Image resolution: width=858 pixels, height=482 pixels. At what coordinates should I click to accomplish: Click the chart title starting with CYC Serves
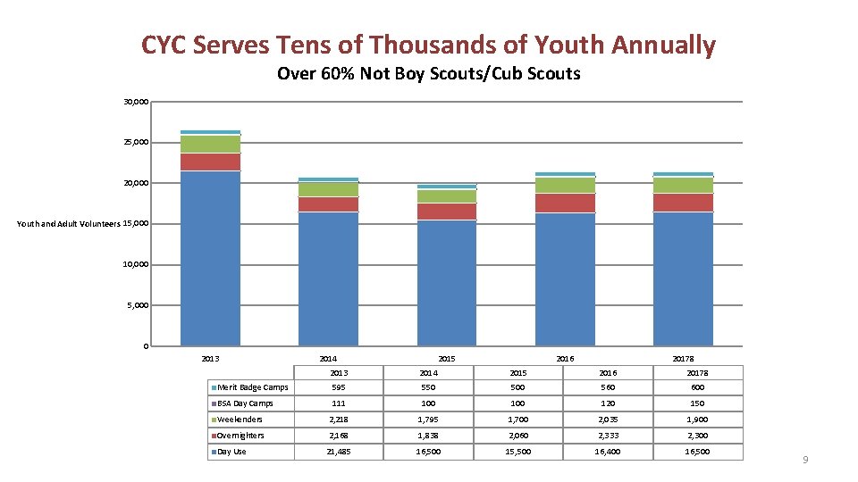pyautogui.click(x=428, y=45)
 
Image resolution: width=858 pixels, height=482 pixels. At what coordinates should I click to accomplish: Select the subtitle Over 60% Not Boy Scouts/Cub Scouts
pyautogui.click(x=428, y=74)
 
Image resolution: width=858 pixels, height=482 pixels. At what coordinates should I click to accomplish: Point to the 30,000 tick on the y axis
pyautogui.click(x=136, y=102)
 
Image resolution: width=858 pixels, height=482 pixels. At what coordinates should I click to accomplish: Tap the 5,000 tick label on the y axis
pyautogui.click(x=138, y=305)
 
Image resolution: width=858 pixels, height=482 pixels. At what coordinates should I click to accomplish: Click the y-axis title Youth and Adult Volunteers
pyautogui.click(x=68, y=224)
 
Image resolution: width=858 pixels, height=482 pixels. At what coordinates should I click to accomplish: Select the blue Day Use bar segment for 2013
pyautogui.click(x=210, y=259)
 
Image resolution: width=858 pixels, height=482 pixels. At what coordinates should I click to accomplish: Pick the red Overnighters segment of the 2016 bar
pyautogui.click(x=565, y=204)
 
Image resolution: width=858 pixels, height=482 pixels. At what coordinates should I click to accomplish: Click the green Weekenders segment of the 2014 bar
pyautogui.click(x=328, y=189)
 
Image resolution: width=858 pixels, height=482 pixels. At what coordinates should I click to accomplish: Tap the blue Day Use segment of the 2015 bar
pyautogui.click(x=447, y=283)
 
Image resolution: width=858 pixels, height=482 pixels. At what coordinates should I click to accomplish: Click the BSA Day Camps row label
pyautogui.click(x=245, y=403)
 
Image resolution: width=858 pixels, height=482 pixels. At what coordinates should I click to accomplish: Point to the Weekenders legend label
pyautogui.click(x=240, y=420)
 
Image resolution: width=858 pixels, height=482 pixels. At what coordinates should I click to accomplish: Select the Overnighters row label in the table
pyautogui.click(x=241, y=436)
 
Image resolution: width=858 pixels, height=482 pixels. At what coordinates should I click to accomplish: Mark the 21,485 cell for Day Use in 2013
pyautogui.click(x=339, y=452)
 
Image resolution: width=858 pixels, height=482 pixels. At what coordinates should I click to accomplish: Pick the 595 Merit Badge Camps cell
pyautogui.click(x=339, y=387)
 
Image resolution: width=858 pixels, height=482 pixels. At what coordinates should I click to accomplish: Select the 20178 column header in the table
pyautogui.click(x=697, y=372)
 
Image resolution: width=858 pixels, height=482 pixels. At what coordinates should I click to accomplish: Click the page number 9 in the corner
pyautogui.click(x=805, y=460)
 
